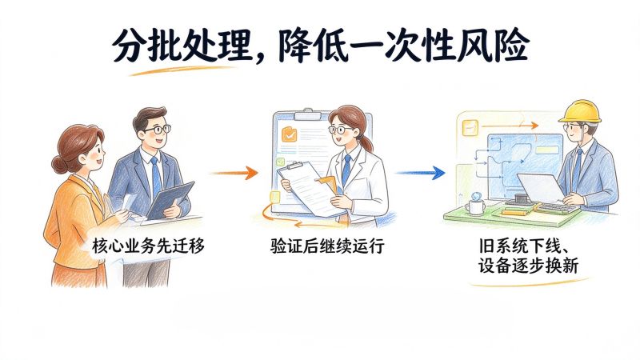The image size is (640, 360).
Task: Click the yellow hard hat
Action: (x=580, y=110)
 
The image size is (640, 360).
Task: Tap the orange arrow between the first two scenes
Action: (x=234, y=173)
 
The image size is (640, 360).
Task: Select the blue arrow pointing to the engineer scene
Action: (x=421, y=173)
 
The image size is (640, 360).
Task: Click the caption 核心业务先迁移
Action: (x=148, y=246)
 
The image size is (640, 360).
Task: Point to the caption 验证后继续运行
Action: (x=327, y=246)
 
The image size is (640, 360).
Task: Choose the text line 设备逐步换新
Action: (x=528, y=266)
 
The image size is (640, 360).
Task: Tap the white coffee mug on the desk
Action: (x=475, y=206)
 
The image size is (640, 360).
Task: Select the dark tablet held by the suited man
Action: (x=170, y=201)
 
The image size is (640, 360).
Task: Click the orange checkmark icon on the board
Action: (x=290, y=134)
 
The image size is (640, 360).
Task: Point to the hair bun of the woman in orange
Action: (x=59, y=164)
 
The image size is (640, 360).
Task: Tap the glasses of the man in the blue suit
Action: (x=157, y=130)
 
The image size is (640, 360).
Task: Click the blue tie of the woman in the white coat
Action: (x=346, y=170)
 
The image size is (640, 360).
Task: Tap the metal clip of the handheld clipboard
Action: (x=294, y=166)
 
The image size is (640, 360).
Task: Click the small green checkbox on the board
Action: (x=280, y=162)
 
